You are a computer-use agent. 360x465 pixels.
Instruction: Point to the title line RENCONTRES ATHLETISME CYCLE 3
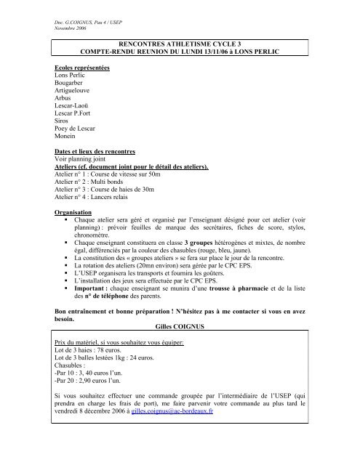179,45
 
